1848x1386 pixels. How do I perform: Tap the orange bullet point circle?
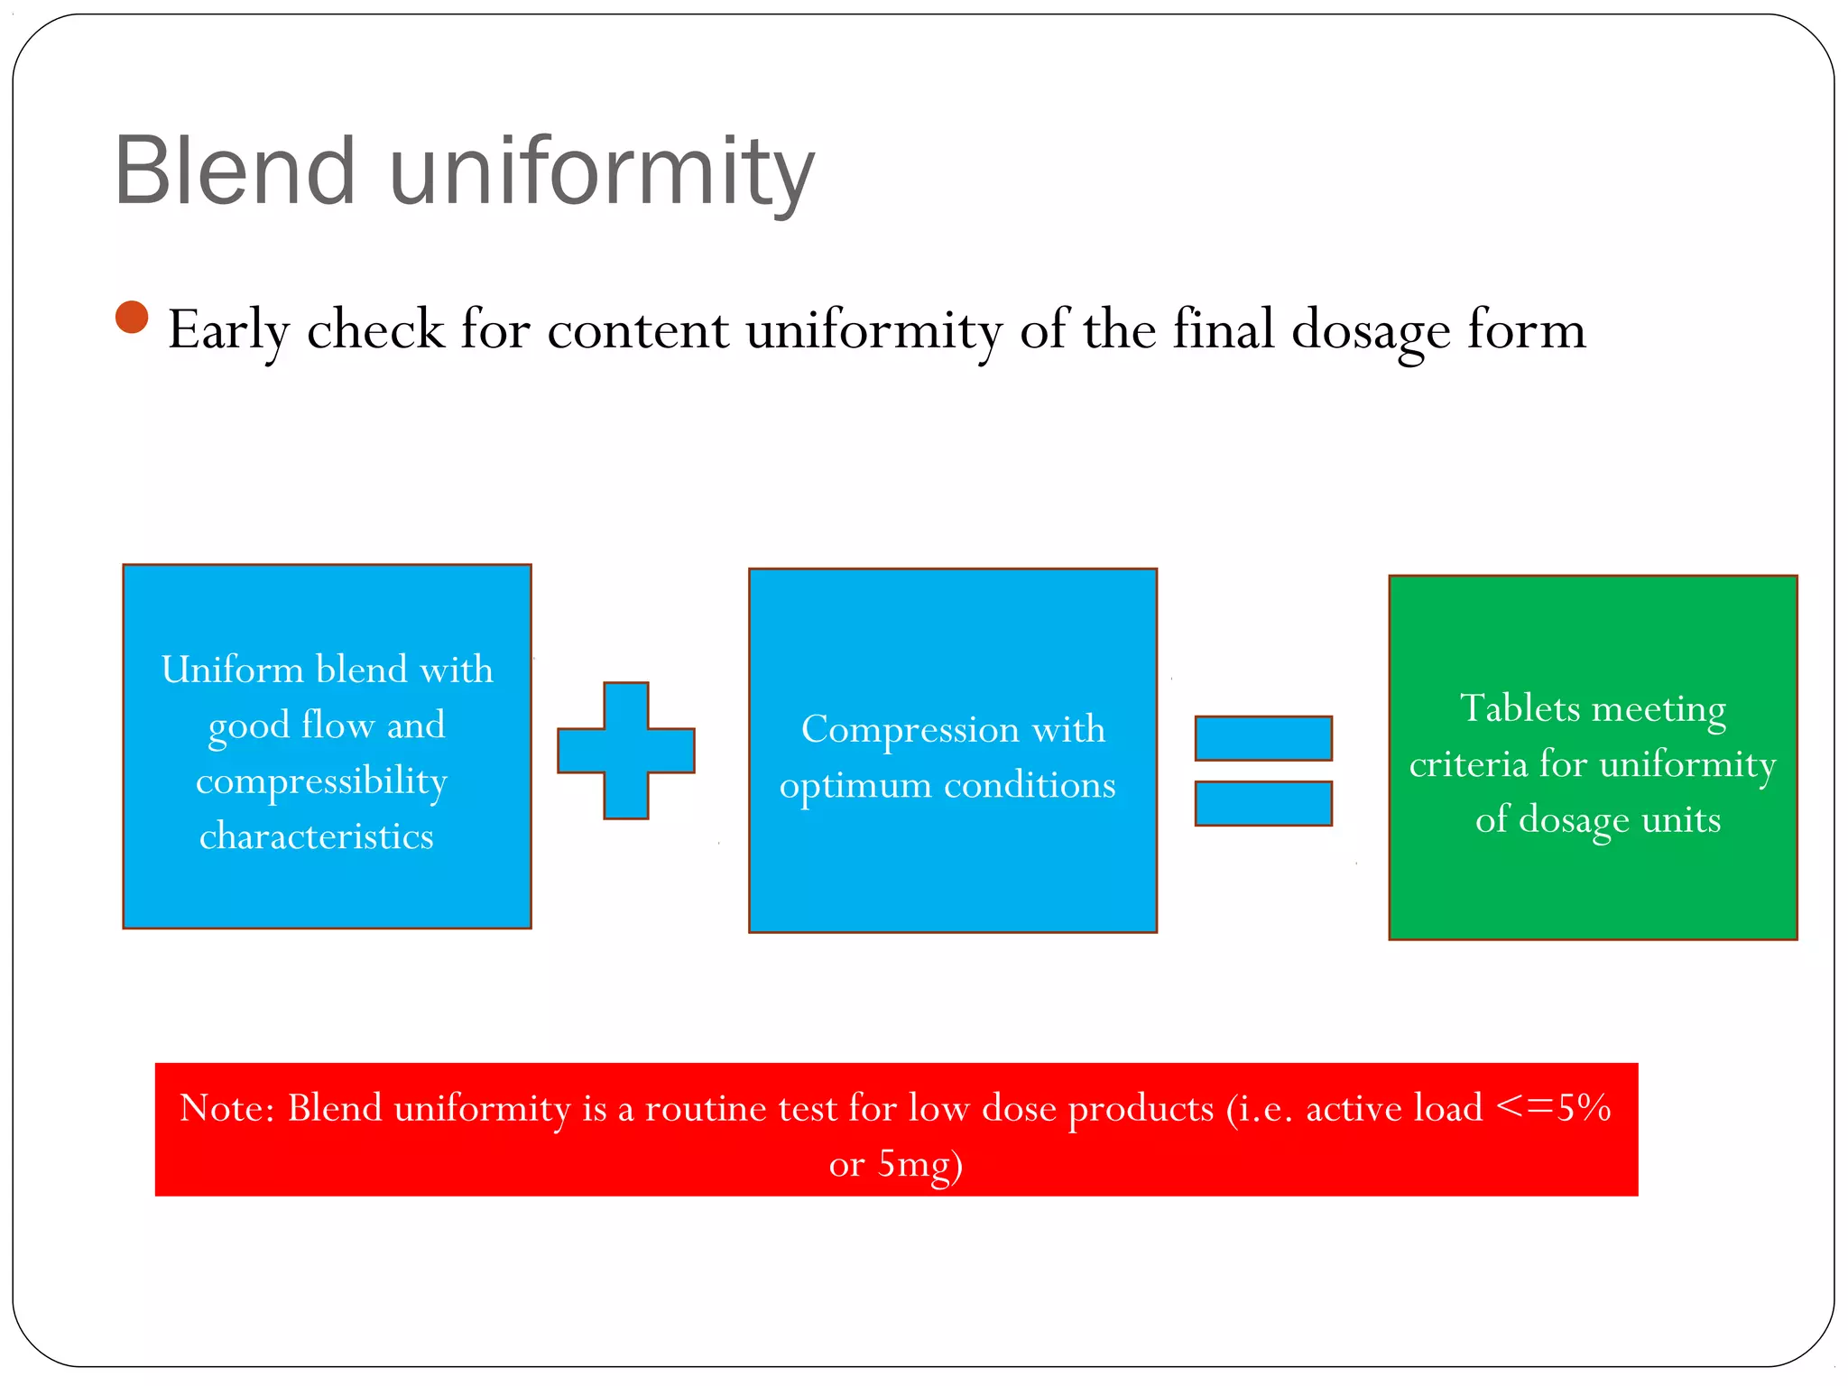[132, 318]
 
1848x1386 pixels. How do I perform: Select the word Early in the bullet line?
[228, 330]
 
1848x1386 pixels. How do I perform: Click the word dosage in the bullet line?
[1371, 330]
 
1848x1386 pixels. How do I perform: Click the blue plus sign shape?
[626, 751]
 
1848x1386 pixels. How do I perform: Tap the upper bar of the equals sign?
[1263, 738]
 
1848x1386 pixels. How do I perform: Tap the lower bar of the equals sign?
[1263, 803]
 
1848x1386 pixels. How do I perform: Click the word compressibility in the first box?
[322, 781]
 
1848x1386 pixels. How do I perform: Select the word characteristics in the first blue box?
[317, 836]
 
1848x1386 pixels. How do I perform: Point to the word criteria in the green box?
[1468, 764]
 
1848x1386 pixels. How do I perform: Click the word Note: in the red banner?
[226, 1108]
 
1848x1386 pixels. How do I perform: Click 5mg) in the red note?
[920, 1164]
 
